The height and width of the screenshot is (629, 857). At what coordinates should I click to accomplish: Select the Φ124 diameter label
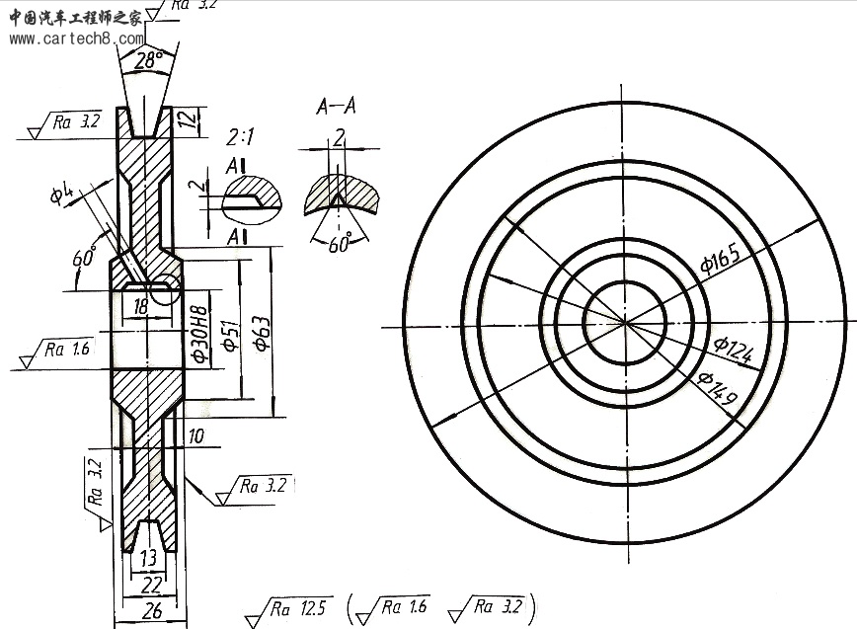[x=734, y=350]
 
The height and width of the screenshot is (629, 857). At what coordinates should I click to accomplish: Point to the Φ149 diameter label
[x=718, y=388]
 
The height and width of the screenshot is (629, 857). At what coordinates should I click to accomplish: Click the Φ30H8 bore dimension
[x=200, y=335]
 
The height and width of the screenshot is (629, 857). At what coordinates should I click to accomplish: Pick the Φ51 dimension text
[x=230, y=335]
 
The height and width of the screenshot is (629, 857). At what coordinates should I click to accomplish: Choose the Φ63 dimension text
[x=262, y=333]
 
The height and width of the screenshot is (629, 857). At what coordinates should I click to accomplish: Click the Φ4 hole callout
[x=61, y=193]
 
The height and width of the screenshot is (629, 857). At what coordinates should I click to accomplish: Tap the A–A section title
[x=336, y=106]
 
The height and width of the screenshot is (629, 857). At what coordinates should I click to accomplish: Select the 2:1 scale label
[x=241, y=136]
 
